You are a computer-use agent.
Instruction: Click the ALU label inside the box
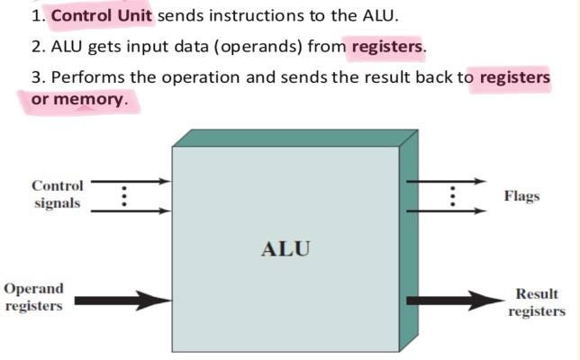coord(285,248)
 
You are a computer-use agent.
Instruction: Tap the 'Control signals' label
coord(58,194)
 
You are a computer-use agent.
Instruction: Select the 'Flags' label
coord(522,195)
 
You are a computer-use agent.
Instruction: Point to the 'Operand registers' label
coord(34,297)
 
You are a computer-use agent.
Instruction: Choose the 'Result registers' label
coord(536,302)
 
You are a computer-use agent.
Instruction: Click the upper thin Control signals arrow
coord(131,181)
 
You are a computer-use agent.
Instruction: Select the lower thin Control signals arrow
coord(131,211)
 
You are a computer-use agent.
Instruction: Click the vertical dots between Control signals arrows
coord(124,196)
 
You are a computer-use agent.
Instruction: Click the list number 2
coord(35,46)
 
